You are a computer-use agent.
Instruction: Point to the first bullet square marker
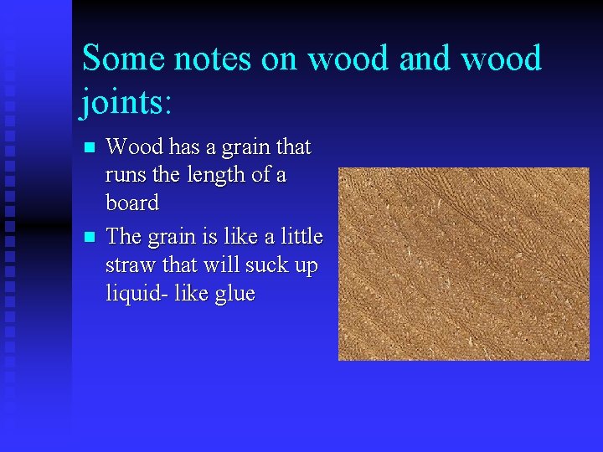90,148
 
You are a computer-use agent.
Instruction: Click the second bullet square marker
90,238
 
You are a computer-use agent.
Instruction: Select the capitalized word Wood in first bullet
135,147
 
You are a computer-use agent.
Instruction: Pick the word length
229,176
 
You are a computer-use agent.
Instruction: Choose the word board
132,203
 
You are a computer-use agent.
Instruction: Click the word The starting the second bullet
126,237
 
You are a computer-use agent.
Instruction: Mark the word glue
234,295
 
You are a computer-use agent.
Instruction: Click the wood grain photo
463,264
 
